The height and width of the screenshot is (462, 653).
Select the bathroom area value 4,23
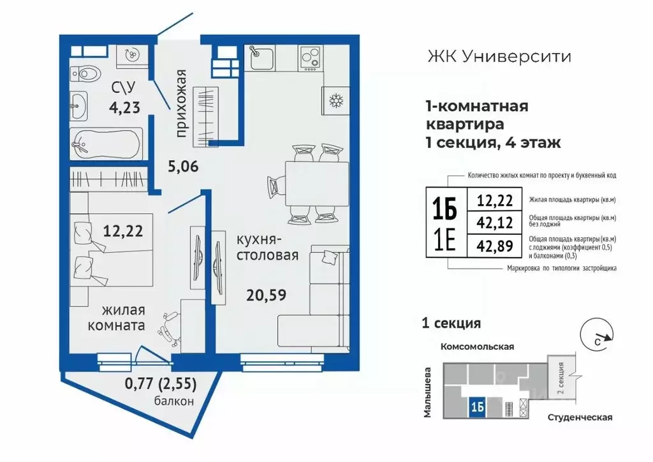[x=124, y=107]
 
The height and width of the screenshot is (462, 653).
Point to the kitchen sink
[x=261, y=59]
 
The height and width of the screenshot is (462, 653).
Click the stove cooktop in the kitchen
[x=311, y=59]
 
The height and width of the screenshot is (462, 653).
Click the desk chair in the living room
[x=168, y=325]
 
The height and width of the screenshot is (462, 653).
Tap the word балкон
[x=173, y=401]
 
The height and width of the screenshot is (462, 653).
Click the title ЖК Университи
[x=498, y=56]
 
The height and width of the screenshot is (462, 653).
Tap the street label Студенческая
[x=579, y=417]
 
